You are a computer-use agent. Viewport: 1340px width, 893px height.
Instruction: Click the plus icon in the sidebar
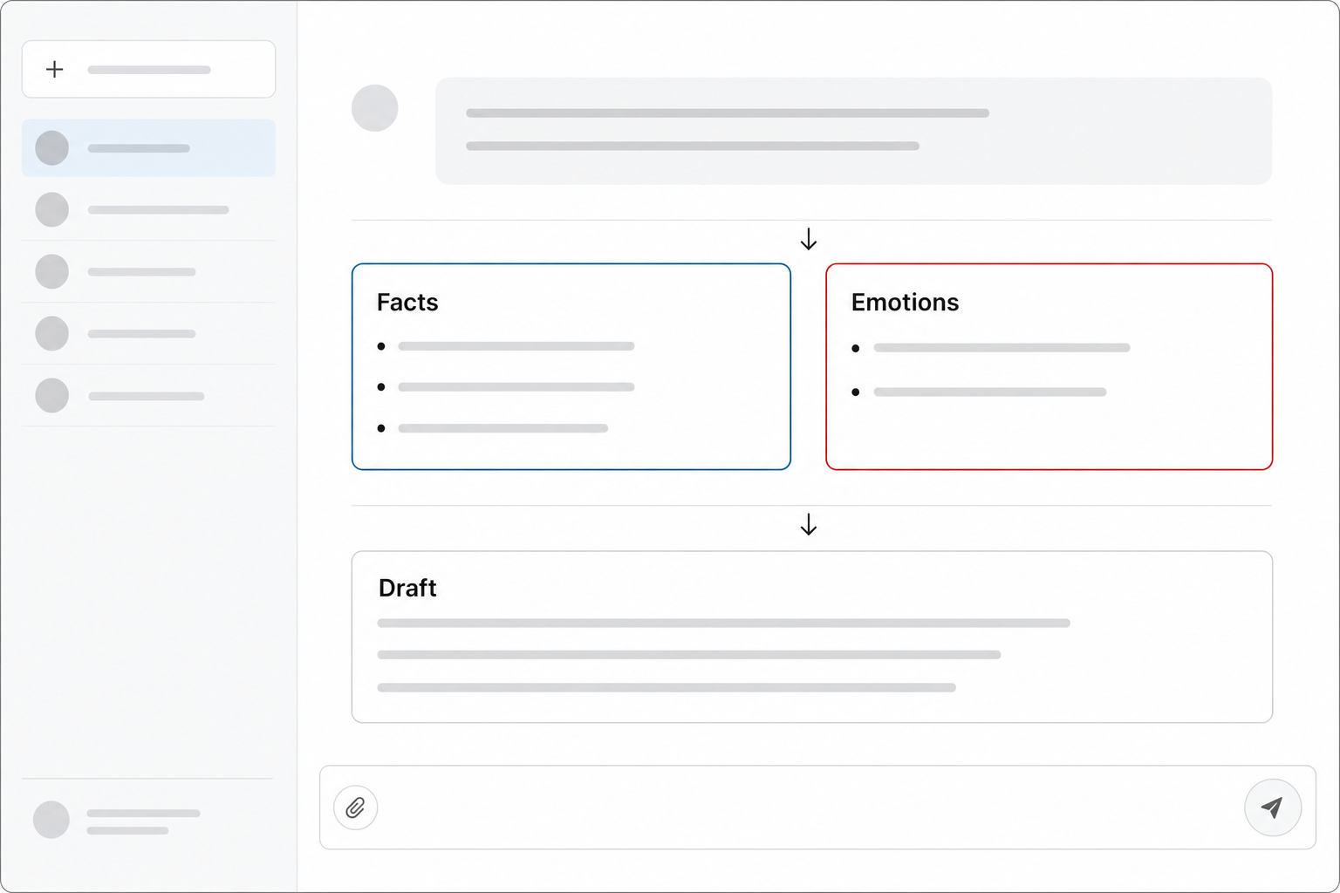click(54, 70)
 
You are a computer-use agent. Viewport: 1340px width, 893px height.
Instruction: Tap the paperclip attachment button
click(355, 808)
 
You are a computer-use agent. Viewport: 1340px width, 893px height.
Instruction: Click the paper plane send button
click(1273, 808)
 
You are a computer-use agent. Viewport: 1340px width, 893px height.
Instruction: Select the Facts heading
click(407, 302)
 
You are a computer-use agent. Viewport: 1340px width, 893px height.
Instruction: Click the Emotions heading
click(905, 302)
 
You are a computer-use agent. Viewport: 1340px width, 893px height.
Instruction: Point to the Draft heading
click(407, 588)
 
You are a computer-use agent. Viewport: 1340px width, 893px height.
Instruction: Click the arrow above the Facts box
click(808, 239)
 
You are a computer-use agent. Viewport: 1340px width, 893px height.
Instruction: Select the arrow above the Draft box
click(808, 524)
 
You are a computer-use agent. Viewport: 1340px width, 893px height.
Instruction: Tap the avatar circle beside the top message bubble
click(374, 108)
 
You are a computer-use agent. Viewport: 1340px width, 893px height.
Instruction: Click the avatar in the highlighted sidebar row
click(52, 147)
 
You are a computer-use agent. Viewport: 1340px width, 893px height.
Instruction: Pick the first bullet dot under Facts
click(381, 346)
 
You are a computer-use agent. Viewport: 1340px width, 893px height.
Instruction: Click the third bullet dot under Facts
click(381, 428)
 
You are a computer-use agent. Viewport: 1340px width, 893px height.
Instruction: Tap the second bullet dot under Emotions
click(856, 392)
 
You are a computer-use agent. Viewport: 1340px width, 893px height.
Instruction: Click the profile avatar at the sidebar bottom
click(51, 820)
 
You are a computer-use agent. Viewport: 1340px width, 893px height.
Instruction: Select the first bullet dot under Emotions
click(856, 348)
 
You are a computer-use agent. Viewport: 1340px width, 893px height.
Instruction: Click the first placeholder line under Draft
click(723, 624)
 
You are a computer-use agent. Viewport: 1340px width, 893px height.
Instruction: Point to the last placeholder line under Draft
click(667, 688)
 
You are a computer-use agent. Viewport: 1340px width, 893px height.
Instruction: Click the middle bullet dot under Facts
click(381, 387)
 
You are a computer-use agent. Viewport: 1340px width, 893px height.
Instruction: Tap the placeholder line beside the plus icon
click(149, 70)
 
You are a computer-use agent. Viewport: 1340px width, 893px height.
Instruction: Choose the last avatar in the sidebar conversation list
click(52, 395)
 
